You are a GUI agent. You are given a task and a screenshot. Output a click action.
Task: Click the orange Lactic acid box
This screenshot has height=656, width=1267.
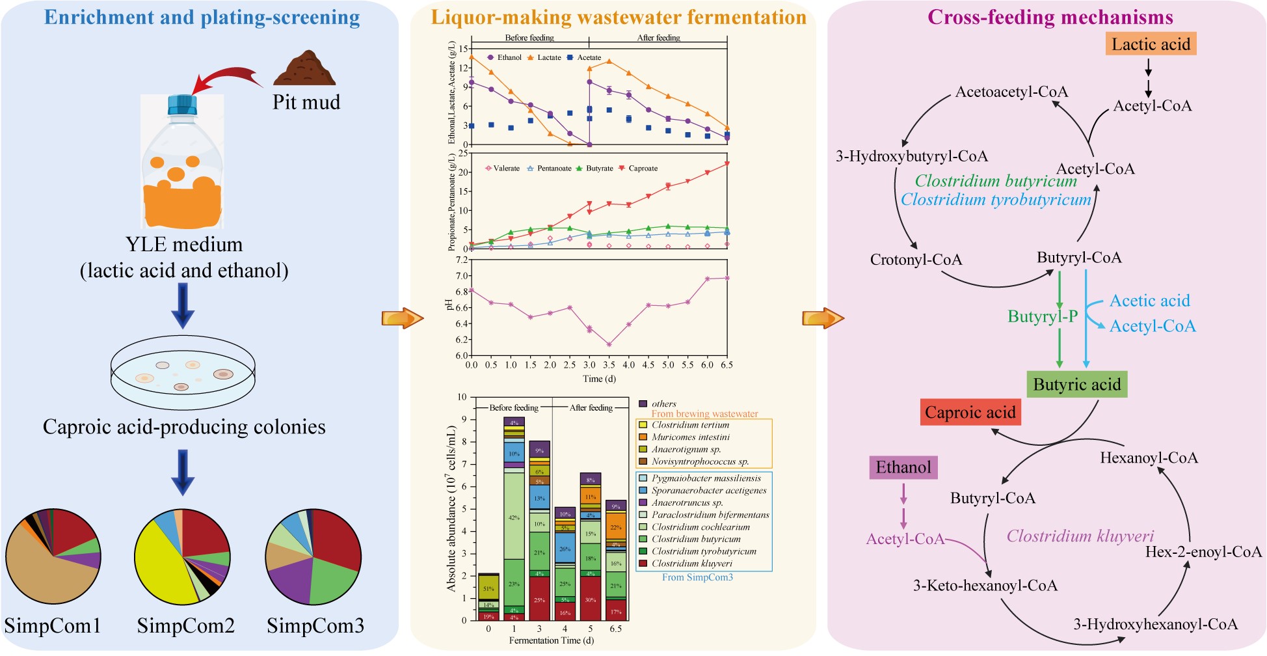click(1151, 44)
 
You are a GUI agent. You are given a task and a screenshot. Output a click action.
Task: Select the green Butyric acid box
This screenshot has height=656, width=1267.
click(1076, 385)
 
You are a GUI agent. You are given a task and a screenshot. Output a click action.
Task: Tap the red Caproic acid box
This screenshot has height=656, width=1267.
click(970, 413)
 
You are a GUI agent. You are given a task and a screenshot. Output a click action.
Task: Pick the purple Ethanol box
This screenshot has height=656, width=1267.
click(903, 467)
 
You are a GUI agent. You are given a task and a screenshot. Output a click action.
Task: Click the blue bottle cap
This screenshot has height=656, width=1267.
click(182, 104)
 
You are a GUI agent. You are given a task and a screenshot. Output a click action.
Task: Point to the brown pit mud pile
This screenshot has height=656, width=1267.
click(304, 70)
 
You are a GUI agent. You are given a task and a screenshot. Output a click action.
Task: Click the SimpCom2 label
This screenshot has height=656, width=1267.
click(185, 626)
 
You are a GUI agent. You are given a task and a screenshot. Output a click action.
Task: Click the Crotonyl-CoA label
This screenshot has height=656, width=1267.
click(916, 260)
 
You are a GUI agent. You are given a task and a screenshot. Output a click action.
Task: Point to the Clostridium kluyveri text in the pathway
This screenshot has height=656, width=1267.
click(1080, 536)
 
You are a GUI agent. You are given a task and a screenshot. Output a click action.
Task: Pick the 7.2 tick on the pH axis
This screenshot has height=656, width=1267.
click(461, 260)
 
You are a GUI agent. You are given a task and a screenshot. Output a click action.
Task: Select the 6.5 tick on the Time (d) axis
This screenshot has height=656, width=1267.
click(727, 365)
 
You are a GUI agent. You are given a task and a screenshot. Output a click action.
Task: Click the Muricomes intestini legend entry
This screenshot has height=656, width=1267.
click(689, 437)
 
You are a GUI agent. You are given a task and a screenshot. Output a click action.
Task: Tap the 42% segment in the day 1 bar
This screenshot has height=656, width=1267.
click(514, 517)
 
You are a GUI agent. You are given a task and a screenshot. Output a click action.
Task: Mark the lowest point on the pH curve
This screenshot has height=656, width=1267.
click(609, 345)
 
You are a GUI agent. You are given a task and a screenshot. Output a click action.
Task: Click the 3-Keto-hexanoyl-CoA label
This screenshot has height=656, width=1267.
click(985, 586)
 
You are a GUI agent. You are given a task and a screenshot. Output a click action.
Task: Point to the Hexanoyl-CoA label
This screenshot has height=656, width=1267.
click(1149, 458)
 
